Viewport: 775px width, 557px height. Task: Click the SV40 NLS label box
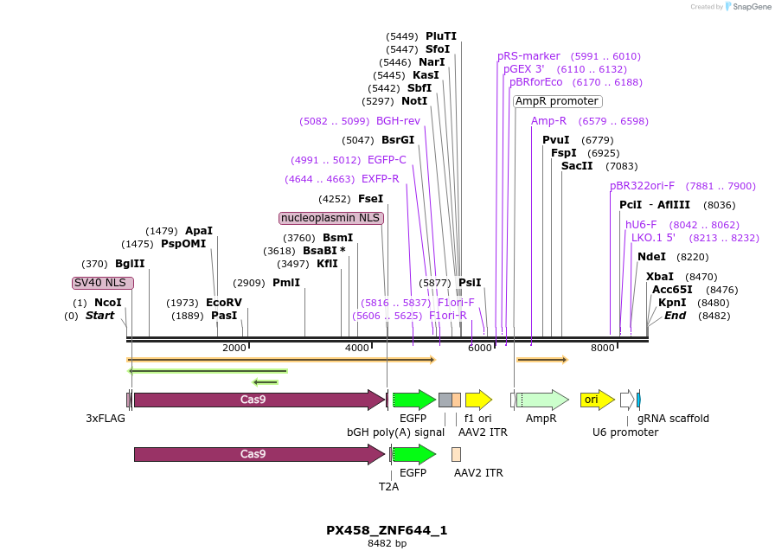pos(102,283)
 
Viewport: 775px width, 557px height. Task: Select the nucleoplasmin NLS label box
pos(331,218)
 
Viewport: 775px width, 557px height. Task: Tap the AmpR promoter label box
pos(557,101)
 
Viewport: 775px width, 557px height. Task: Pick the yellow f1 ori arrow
pos(478,400)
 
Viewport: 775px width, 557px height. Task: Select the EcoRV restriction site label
pos(224,303)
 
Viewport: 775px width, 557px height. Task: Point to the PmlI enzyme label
pos(286,283)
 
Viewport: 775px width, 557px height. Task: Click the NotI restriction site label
pos(414,101)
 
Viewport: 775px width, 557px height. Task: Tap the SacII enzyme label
pos(577,166)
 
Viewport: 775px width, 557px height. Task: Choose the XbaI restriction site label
pos(658,277)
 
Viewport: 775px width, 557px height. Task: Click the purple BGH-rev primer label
pos(398,121)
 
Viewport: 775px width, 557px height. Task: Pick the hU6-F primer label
pos(641,225)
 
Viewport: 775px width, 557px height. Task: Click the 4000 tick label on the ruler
pos(357,348)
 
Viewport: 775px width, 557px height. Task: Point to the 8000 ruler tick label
pos(602,348)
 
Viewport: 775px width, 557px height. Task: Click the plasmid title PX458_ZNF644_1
pos(387,530)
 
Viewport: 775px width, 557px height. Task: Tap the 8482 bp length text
pos(387,544)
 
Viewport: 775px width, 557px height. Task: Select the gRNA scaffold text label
pos(673,419)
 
